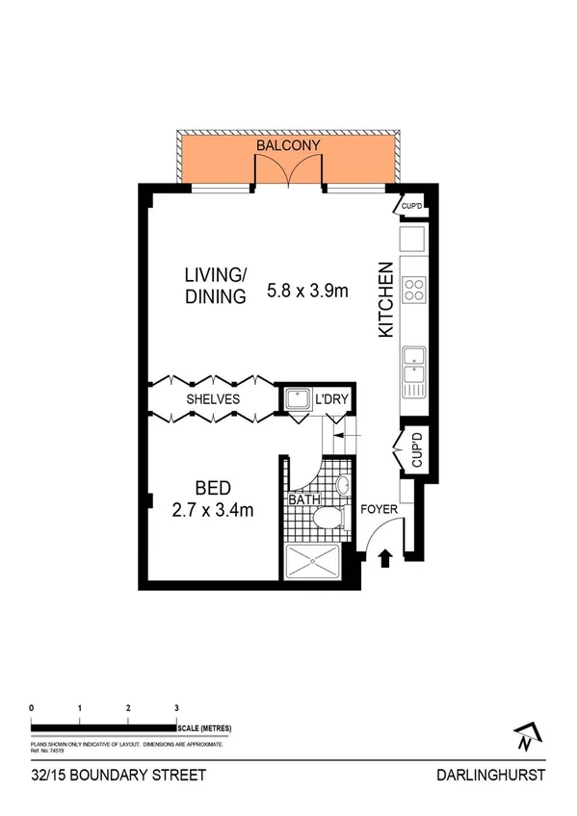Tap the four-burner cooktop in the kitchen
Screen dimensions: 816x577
tap(415, 290)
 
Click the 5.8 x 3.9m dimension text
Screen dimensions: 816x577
tap(306, 289)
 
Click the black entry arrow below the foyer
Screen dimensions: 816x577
tap(385, 557)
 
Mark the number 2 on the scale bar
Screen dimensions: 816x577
tap(128, 708)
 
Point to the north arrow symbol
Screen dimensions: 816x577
tap(524, 736)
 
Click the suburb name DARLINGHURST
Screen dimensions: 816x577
tap(490, 775)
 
